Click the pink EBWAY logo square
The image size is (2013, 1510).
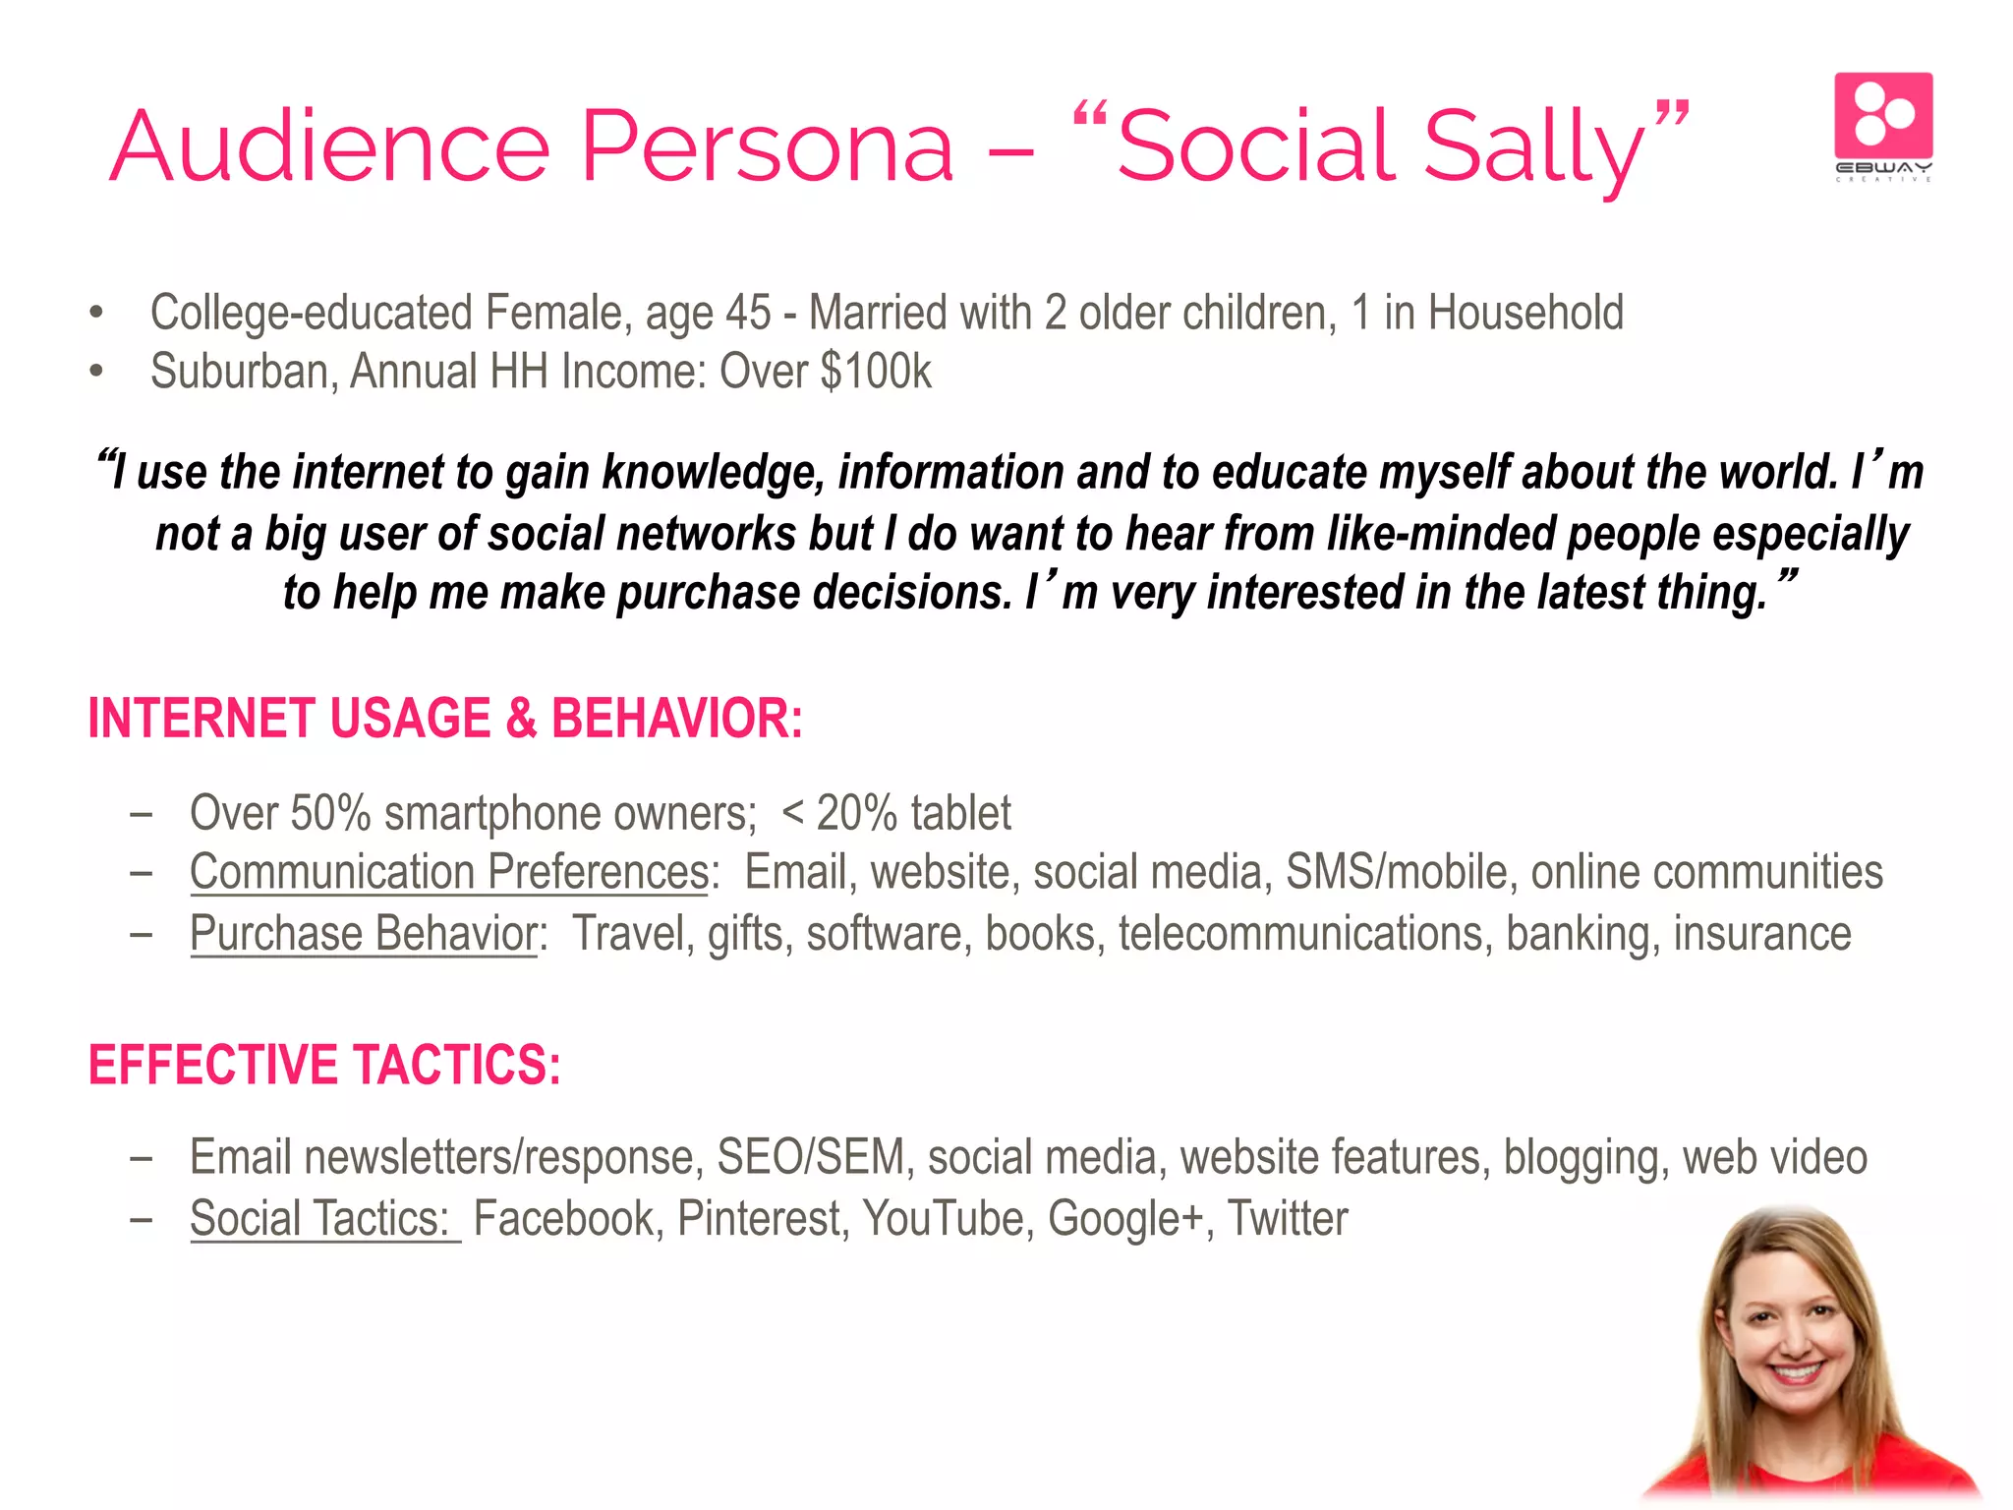[1883, 116]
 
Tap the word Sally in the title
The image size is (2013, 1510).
[1533, 147]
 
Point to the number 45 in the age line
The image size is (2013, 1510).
[747, 313]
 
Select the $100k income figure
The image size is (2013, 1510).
[875, 372]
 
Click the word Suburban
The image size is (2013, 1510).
[243, 372]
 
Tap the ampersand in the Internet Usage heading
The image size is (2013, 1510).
[521, 718]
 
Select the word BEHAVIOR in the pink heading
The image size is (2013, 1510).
[676, 718]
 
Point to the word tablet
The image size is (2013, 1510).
[960, 813]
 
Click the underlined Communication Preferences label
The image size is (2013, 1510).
[449, 873]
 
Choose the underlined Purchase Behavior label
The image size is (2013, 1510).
[364, 934]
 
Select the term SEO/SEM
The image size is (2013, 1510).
[810, 1157]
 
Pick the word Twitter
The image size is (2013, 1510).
[1288, 1219]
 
